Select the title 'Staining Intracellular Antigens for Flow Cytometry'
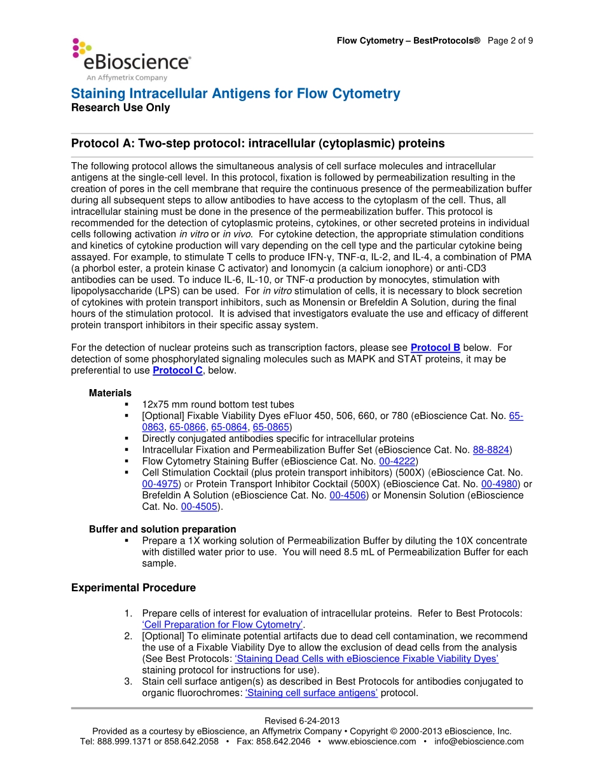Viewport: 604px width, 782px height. pos(235,94)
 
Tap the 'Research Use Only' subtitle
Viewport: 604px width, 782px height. pos(120,108)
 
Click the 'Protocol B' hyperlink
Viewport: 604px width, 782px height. pos(435,347)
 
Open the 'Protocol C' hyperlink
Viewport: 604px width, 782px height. pos(177,370)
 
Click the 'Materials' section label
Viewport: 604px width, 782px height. pos(110,393)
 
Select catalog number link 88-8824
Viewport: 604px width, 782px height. pos(491,449)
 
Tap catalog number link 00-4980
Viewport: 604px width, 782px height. pos(500,484)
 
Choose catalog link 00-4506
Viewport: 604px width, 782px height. pos(348,495)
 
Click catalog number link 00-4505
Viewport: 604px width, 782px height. pos(199,507)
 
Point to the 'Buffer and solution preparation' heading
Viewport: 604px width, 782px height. pos(162,529)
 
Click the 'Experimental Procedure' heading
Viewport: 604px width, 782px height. pos(134,587)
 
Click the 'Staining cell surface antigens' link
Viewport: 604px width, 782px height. pos(312,693)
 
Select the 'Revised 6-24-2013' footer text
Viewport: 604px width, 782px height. pos(302,721)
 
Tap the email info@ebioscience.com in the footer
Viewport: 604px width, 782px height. pos(479,741)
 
